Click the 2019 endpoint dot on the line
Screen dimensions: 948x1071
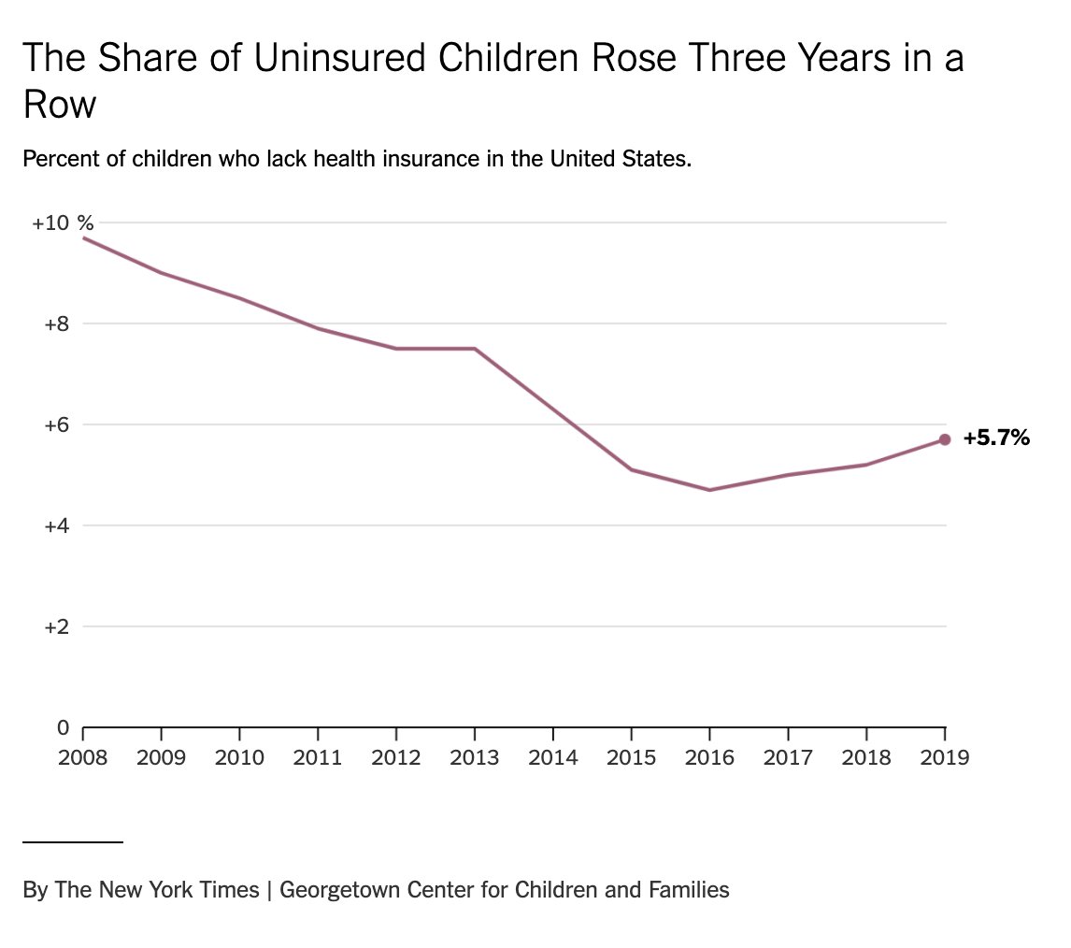[945, 439]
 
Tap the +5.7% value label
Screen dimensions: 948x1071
[996, 438]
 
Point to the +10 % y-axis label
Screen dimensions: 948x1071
[63, 223]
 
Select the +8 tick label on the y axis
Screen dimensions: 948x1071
[57, 324]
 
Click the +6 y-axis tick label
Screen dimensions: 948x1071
[57, 425]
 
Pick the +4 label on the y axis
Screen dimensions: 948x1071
[57, 526]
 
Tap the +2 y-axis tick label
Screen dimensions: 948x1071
[57, 627]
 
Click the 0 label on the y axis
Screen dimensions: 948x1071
[64, 727]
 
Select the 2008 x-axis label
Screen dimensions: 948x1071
[83, 756]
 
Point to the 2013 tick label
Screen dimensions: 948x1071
[475, 756]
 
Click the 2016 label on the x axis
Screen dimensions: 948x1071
[709, 756]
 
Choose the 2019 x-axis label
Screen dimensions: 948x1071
[944, 756]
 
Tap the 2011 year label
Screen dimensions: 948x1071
[319, 756]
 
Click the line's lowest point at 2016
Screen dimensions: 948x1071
[709, 490]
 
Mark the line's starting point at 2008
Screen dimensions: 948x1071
[84, 237]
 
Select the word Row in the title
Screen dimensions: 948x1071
[60, 105]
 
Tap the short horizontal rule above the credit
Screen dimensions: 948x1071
[73, 842]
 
